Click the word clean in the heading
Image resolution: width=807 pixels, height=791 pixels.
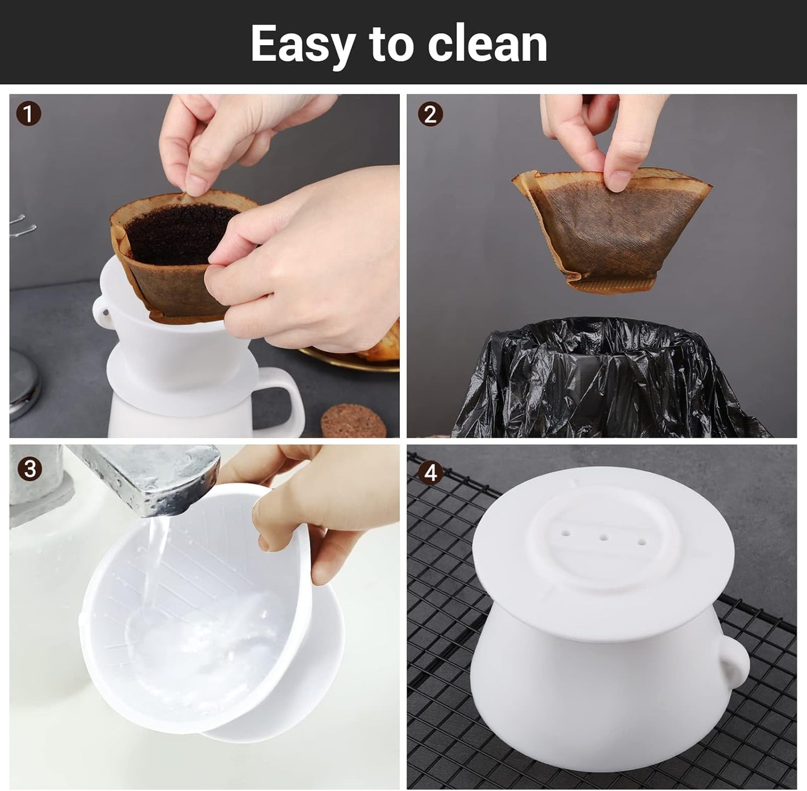point(487,44)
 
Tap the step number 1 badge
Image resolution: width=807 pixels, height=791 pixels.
point(29,115)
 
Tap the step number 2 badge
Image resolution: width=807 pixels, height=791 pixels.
point(430,115)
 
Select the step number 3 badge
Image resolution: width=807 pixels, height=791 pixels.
point(29,468)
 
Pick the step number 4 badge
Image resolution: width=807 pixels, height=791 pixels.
point(430,473)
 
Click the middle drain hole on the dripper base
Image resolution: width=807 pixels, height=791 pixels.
point(604,538)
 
